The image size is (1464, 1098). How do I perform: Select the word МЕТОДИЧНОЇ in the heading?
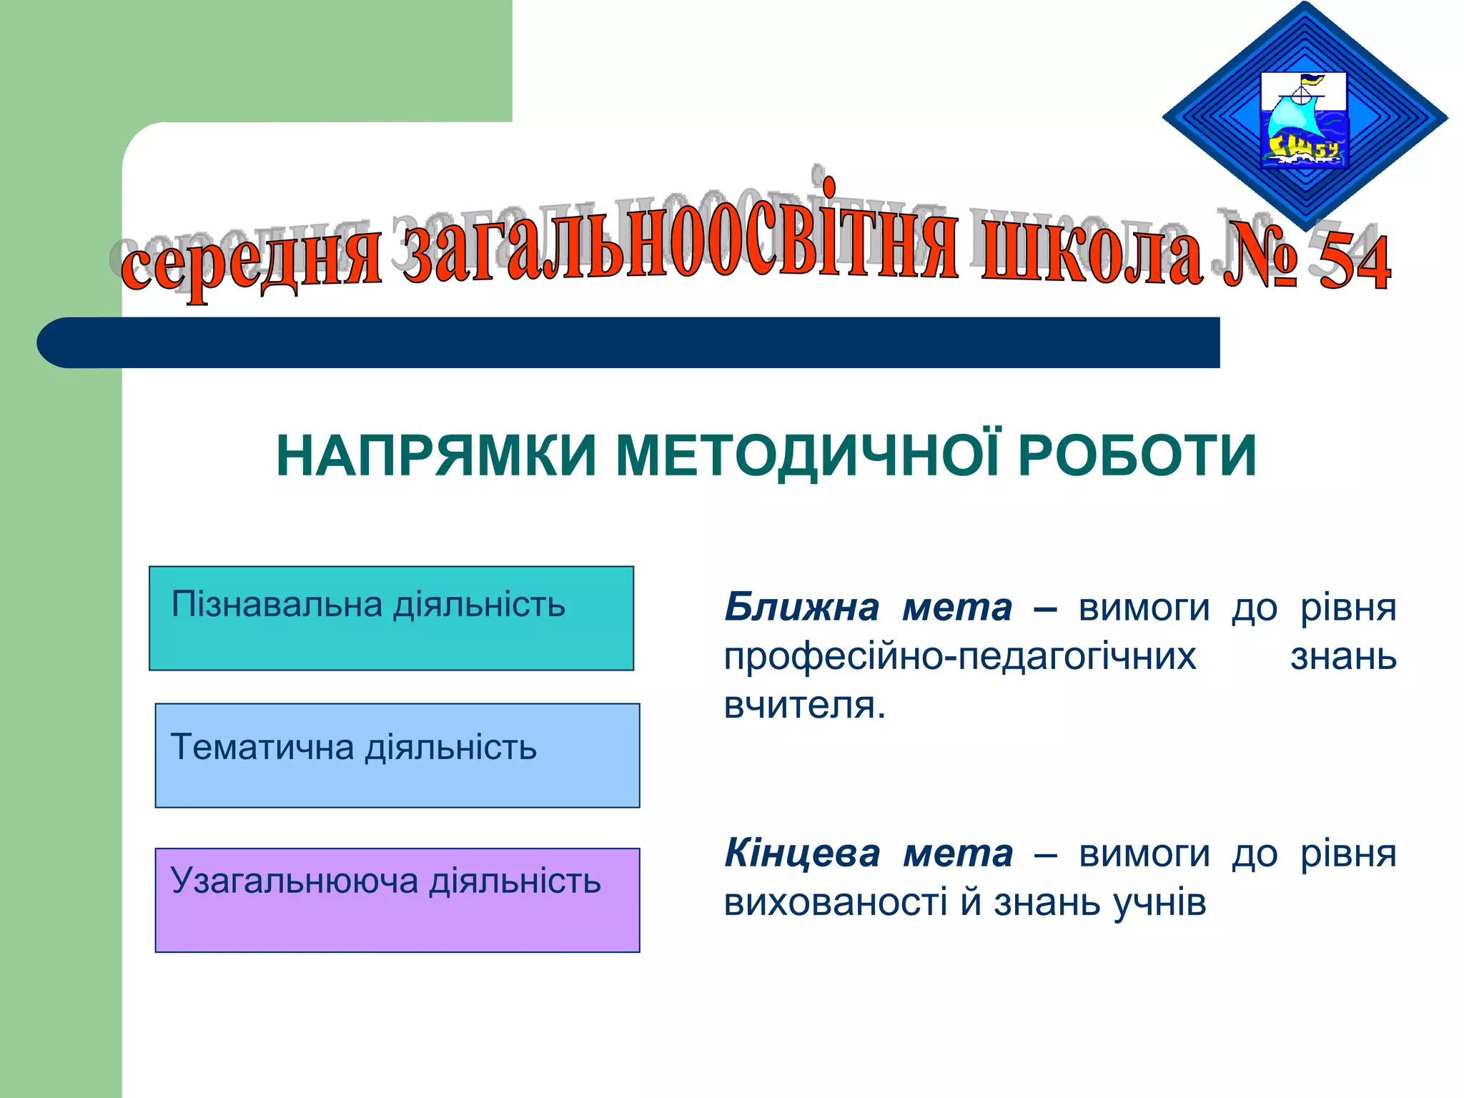[x=808, y=456]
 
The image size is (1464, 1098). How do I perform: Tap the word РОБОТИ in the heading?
[x=1137, y=456]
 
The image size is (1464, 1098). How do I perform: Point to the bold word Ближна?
[x=801, y=608]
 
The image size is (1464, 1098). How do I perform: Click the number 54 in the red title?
[x=1354, y=263]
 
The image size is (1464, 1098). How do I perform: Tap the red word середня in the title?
[x=250, y=261]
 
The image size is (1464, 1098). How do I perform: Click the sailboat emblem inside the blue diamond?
[x=1302, y=120]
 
